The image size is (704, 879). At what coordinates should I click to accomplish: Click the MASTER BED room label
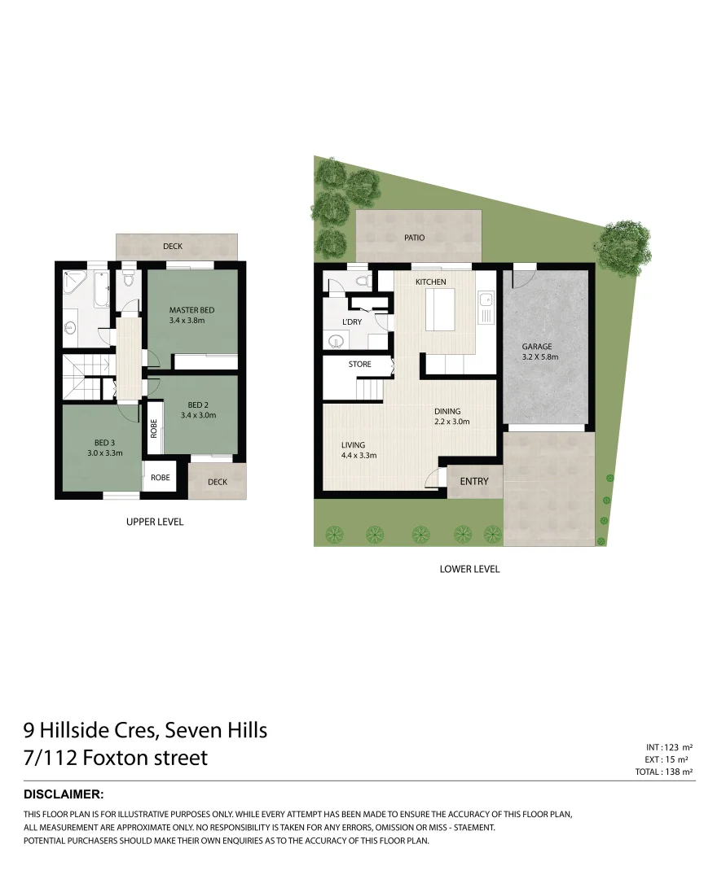click(191, 310)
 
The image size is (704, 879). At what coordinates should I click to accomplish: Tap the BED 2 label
click(199, 405)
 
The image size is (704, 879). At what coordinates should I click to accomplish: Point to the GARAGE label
click(537, 347)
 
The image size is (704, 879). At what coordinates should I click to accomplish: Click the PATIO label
click(415, 238)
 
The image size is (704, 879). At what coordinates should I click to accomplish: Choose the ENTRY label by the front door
click(474, 481)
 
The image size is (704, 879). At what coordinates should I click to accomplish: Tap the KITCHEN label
click(431, 282)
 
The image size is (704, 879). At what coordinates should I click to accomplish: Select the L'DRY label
click(352, 323)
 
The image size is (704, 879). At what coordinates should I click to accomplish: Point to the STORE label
click(359, 364)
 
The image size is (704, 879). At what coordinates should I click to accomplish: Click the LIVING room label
click(353, 444)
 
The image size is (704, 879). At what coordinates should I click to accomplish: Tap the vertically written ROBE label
click(153, 429)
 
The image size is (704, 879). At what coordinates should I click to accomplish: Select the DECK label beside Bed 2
click(218, 482)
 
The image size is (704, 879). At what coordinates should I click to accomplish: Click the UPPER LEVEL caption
click(155, 522)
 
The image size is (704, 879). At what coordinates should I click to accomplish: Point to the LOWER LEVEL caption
click(469, 569)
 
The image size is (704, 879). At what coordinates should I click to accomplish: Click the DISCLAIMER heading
click(64, 794)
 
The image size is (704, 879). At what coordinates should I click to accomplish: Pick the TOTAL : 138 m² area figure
click(663, 772)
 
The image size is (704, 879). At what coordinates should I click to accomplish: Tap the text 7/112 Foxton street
click(116, 758)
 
